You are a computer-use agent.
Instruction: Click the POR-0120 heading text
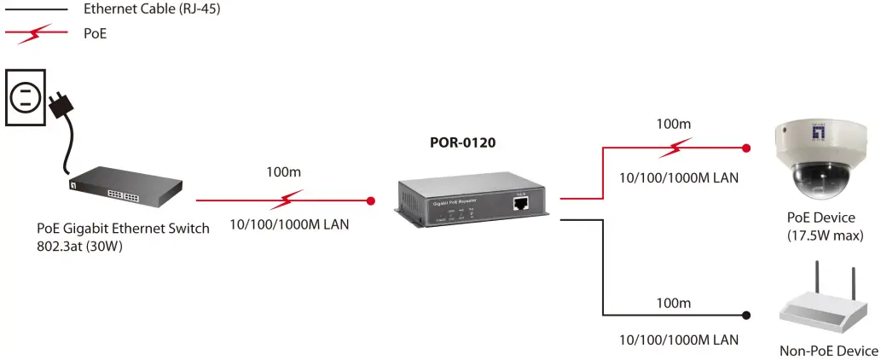click(462, 142)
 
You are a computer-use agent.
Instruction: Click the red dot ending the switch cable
click(371, 201)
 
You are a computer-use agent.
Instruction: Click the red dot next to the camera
click(746, 148)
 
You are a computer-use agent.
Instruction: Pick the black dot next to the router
click(747, 315)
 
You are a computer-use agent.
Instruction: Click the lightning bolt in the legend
click(36, 34)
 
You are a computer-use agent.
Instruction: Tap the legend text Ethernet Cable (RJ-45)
click(145, 9)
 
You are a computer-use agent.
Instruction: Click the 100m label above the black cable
click(673, 304)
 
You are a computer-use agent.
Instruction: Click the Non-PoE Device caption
click(828, 351)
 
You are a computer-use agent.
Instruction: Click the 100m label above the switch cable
click(283, 171)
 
